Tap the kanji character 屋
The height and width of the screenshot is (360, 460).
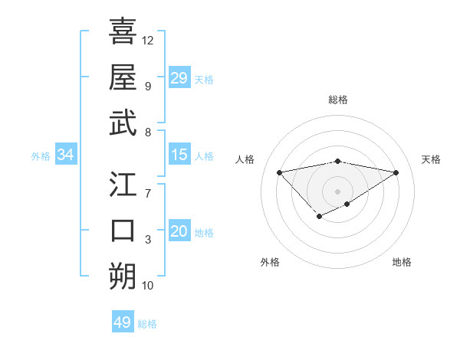[x=123, y=77]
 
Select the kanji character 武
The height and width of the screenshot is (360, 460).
[x=123, y=123]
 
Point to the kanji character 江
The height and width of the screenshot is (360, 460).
[x=123, y=185]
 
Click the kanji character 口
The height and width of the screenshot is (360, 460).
[x=123, y=231]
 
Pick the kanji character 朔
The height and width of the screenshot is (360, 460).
[x=123, y=275]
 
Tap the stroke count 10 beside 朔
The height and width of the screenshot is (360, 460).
[x=148, y=286]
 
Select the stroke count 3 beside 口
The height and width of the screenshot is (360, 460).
[x=148, y=240]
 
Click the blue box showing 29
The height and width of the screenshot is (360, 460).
[x=179, y=78]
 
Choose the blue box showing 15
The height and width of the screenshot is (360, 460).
[x=179, y=155]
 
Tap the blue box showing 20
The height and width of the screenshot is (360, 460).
[x=179, y=231]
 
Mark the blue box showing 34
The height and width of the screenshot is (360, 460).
[x=65, y=155]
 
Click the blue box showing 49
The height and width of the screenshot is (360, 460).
[x=123, y=322]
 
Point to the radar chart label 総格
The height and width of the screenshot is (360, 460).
[x=338, y=100]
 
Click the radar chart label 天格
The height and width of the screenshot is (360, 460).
[x=431, y=159]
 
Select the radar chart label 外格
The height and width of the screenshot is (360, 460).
[x=270, y=262]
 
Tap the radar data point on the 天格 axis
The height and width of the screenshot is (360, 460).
[x=396, y=172]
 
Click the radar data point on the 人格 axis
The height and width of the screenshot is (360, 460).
[x=279, y=172]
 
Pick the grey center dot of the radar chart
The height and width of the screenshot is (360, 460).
[x=337, y=191]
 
